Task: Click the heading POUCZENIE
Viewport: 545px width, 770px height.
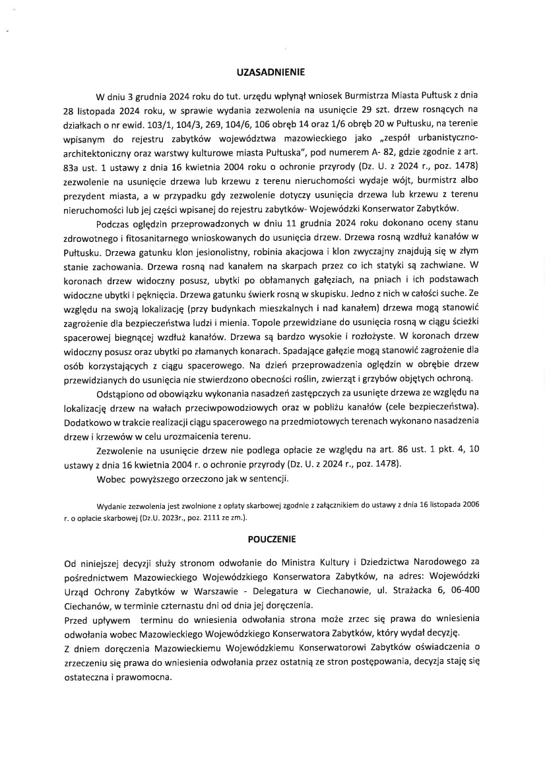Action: [272, 539]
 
